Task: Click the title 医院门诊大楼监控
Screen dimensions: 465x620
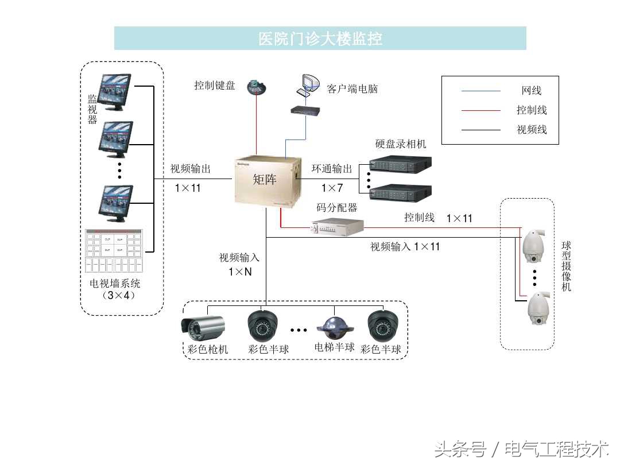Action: (x=320, y=38)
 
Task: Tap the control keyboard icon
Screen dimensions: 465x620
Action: (x=257, y=87)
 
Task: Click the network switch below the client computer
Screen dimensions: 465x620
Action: (x=304, y=110)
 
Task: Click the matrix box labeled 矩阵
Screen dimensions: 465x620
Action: (x=268, y=181)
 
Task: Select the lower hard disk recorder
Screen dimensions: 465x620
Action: (x=400, y=192)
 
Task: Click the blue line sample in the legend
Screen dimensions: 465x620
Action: (x=480, y=91)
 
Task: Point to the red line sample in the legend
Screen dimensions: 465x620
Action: (x=480, y=110)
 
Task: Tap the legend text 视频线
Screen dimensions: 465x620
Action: (x=532, y=130)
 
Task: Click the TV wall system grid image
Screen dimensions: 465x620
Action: (x=114, y=250)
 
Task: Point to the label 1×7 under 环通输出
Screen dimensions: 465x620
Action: (x=332, y=188)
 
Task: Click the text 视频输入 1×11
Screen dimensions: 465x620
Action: (x=405, y=247)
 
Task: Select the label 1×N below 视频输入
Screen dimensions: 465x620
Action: (x=240, y=272)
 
